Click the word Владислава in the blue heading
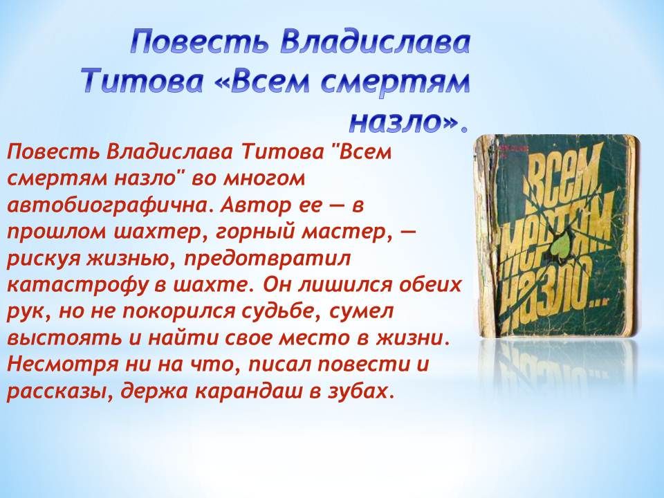tap(375, 43)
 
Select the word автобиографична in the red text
tap(108, 206)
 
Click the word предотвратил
tap(267, 259)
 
